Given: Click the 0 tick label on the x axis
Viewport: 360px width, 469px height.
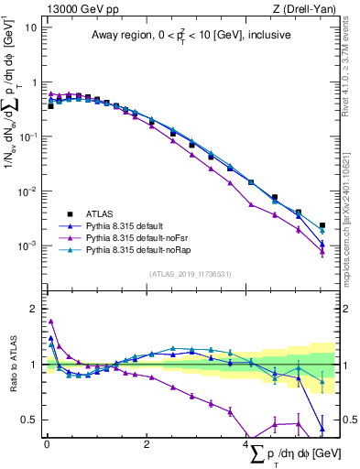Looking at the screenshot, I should tap(47, 444).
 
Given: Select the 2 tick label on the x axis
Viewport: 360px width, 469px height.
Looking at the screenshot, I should tap(147, 444).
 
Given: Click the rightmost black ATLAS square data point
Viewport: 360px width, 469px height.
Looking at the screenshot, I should tap(322, 225).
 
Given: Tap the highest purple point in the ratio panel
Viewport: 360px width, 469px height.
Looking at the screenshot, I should tap(50, 322).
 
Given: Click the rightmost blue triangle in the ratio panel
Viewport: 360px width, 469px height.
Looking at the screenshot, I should tap(322, 428).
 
